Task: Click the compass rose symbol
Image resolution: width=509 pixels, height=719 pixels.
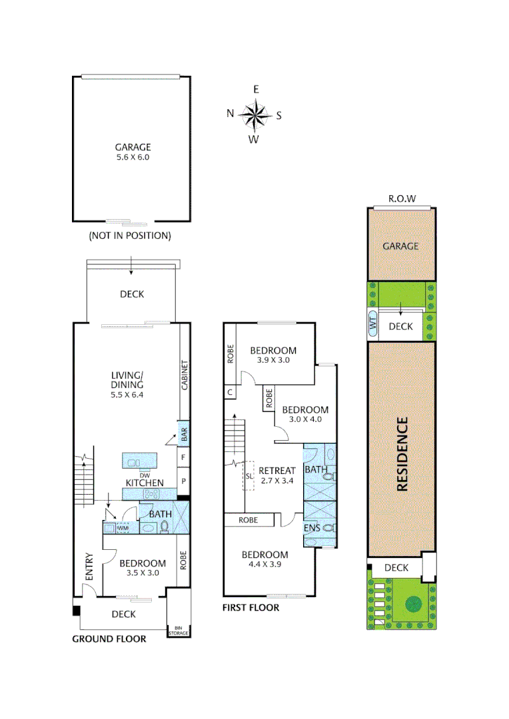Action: (x=254, y=114)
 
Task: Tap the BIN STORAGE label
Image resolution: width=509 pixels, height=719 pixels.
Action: (x=178, y=630)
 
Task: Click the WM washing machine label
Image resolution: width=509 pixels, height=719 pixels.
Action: (x=123, y=528)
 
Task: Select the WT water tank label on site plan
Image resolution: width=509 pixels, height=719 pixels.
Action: (x=373, y=326)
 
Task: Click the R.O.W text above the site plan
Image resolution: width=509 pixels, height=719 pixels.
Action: (x=402, y=198)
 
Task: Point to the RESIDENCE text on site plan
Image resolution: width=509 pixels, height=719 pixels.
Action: (x=402, y=455)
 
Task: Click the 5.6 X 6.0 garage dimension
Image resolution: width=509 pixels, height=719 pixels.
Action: (x=133, y=158)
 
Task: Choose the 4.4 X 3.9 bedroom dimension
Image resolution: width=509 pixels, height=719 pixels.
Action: (x=264, y=565)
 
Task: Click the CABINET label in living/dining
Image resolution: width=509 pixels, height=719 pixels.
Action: (x=185, y=375)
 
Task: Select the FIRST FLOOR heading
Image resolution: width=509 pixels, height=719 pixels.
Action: (x=251, y=607)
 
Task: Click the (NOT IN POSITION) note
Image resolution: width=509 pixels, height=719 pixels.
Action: (x=130, y=235)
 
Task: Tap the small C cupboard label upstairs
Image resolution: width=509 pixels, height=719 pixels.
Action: (x=230, y=393)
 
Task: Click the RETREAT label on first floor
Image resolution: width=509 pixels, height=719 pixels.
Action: (x=276, y=470)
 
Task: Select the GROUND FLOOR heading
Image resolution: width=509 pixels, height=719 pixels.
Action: (x=109, y=638)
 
